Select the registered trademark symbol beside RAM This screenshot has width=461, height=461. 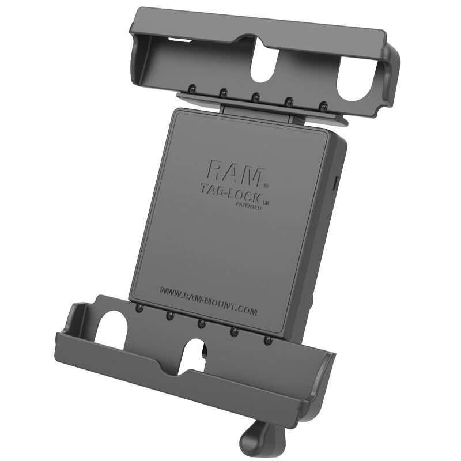(266, 186)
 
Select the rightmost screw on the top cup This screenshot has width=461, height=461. (324, 106)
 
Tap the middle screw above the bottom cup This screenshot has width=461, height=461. (202, 323)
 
